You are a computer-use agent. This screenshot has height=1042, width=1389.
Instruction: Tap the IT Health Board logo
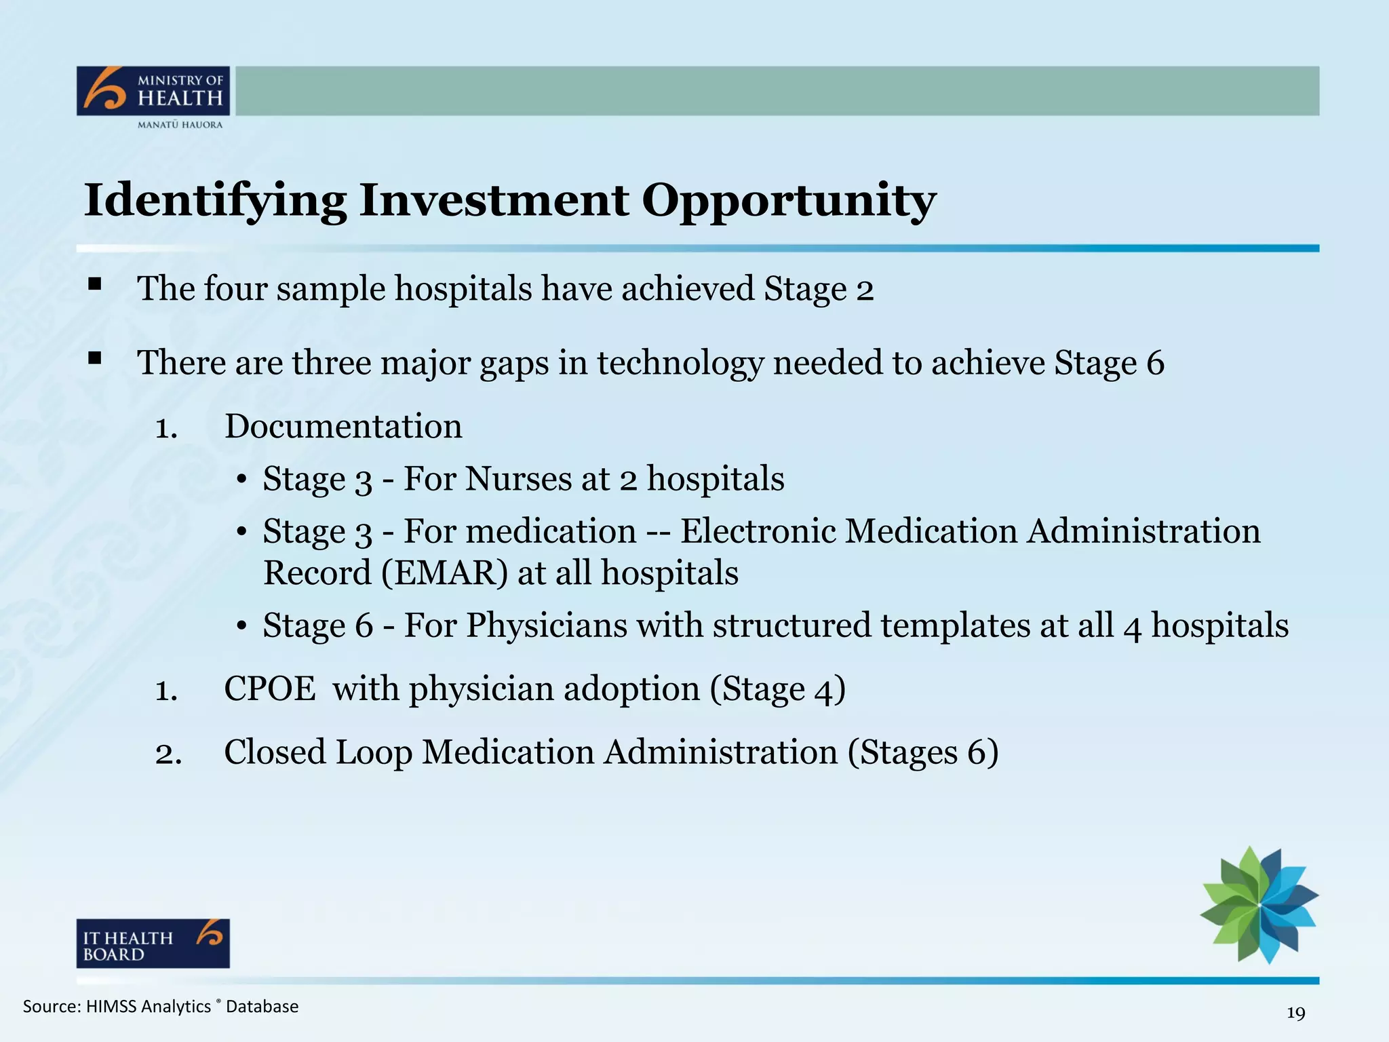click(153, 944)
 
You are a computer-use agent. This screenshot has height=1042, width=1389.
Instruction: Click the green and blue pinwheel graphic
click(1259, 904)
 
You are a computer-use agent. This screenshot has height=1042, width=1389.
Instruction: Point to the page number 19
click(1295, 1014)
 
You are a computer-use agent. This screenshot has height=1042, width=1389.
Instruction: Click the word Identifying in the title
click(215, 201)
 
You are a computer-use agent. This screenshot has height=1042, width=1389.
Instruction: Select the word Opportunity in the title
click(789, 201)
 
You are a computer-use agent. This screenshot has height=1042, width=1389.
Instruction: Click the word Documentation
click(343, 427)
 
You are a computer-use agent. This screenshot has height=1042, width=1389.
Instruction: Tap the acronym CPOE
click(269, 689)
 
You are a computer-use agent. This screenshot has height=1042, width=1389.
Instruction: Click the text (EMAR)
click(444, 573)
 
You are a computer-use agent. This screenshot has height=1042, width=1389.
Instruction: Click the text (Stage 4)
click(778, 689)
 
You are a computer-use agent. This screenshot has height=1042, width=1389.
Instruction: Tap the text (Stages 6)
click(922, 752)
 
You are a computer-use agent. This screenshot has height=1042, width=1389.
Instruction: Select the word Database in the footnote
click(262, 1007)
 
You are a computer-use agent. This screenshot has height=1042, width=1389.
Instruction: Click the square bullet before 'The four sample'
click(94, 284)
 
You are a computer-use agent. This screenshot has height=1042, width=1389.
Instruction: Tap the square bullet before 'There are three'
click(94, 358)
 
